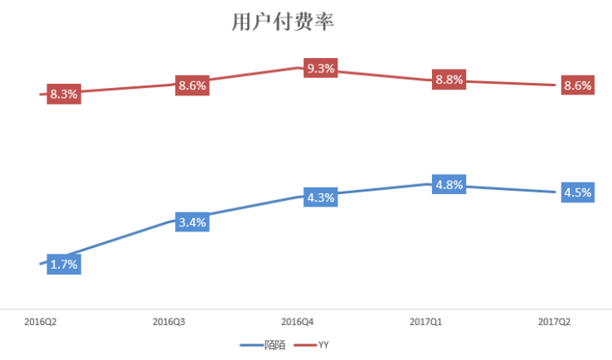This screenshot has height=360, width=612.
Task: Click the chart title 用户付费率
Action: tap(282, 22)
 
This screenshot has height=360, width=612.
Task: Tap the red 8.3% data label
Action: tap(64, 94)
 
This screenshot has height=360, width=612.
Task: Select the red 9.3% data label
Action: tap(320, 69)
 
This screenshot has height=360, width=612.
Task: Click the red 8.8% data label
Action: tap(449, 80)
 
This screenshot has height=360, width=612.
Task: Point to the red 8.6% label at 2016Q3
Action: tap(192, 85)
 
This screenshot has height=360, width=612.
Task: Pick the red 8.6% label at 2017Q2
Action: tap(577, 85)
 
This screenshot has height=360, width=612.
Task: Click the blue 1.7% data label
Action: tap(64, 265)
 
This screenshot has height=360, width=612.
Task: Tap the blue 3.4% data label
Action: tap(192, 221)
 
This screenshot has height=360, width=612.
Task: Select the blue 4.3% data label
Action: tap(320, 197)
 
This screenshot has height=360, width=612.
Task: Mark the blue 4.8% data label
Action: tap(449, 184)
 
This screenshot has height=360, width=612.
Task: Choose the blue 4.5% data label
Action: tap(577, 192)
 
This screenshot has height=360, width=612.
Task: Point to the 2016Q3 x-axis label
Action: tap(170, 321)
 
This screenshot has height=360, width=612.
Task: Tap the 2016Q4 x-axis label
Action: tap(298, 321)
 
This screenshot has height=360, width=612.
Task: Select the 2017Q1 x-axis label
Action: tap(426, 321)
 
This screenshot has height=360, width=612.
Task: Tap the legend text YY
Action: tap(335, 344)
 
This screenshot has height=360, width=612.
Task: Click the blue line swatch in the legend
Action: tap(251, 344)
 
